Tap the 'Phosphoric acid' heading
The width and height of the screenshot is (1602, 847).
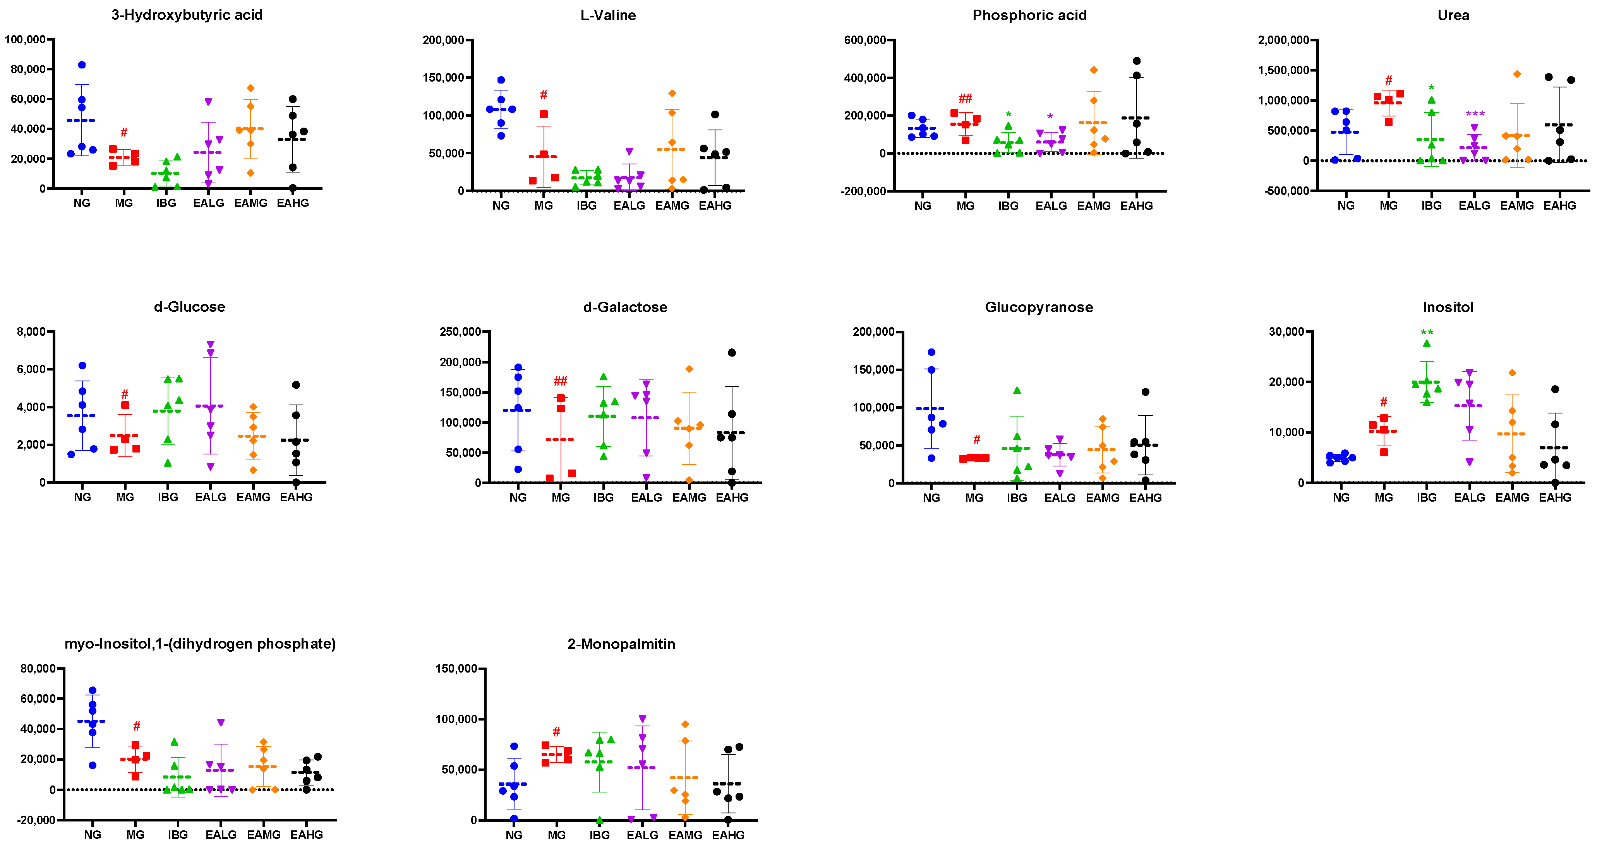[x=1029, y=15]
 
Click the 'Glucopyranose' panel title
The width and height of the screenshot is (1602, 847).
[x=1039, y=307]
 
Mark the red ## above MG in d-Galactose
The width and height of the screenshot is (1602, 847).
[x=560, y=381]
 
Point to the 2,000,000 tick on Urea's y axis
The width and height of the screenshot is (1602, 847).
[x=1283, y=40]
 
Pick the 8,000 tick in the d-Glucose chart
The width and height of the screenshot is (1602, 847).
[x=31, y=332]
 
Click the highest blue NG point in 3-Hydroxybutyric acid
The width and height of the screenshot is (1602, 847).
[x=81, y=65]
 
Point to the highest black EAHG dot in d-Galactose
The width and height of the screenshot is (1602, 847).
[x=732, y=352]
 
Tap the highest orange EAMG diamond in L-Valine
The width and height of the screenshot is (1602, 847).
[x=672, y=93]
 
